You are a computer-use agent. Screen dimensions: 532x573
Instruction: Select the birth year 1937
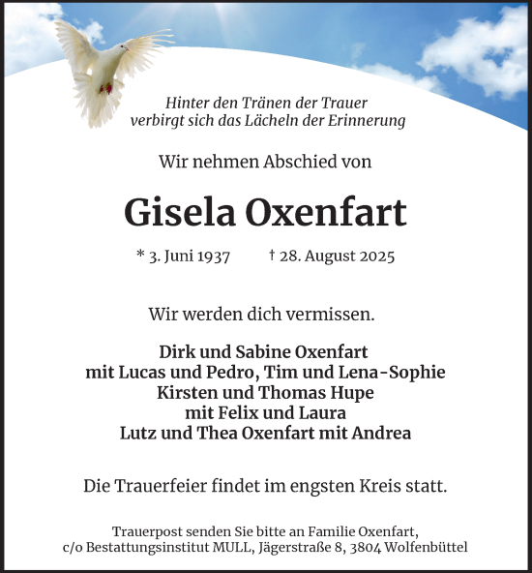click(x=211, y=256)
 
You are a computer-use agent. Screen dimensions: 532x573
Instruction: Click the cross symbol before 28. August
click(x=272, y=256)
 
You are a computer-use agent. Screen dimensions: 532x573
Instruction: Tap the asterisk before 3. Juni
click(x=140, y=256)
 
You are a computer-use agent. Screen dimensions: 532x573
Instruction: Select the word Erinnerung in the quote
click(x=367, y=121)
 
